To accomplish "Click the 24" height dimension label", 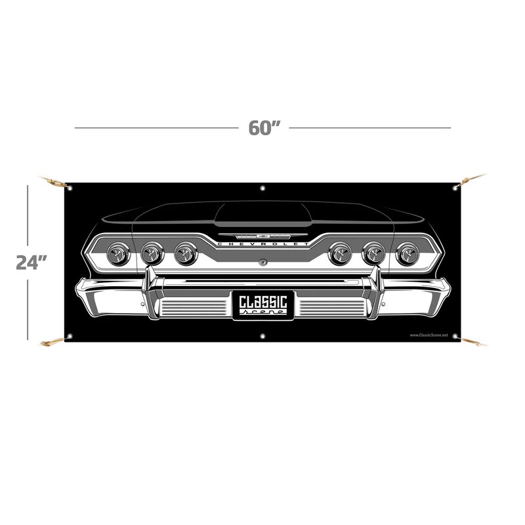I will (x=30, y=262).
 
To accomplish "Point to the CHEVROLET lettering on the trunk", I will (x=262, y=244).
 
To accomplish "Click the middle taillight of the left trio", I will (x=152, y=252).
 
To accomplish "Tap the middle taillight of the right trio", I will (x=374, y=252).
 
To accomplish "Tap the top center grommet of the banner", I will (x=262, y=188).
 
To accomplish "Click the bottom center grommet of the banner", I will (x=262, y=337).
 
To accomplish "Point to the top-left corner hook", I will (x=52, y=180).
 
